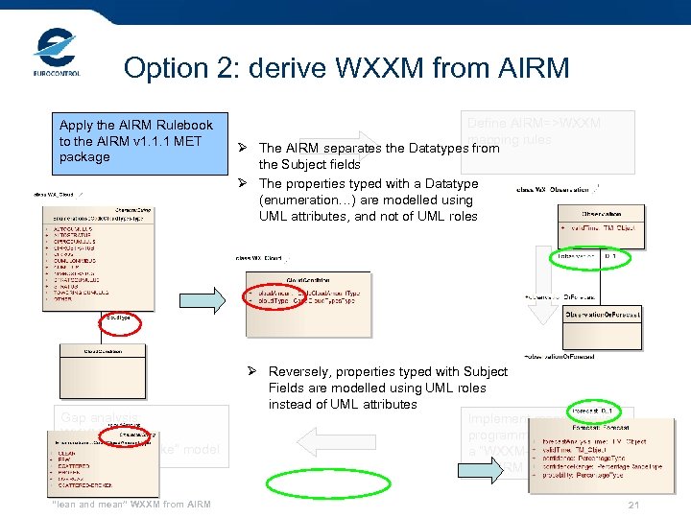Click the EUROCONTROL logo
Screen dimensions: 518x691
56,52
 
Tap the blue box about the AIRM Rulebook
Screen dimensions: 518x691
135,141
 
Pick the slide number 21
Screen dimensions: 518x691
631,506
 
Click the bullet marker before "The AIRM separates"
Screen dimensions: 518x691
245,149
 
